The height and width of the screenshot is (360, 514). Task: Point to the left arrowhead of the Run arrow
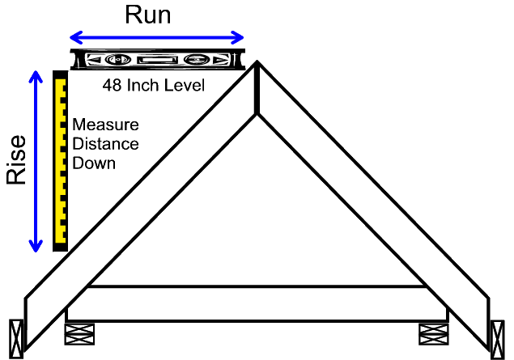(x=74, y=37)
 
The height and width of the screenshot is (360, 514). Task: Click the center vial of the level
(x=155, y=60)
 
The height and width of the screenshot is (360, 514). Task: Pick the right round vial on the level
(x=195, y=60)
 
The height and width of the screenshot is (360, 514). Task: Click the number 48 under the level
(x=111, y=85)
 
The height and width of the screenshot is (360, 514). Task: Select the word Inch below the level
(x=141, y=85)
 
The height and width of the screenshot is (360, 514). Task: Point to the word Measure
(x=105, y=125)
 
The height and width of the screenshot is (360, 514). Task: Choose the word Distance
(x=105, y=144)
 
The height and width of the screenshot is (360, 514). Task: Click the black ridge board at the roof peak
(x=257, y=88)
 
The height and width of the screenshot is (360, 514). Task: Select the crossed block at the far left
(x=15, y=338)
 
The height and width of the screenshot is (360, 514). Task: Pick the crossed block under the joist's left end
(x=79, y=333)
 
